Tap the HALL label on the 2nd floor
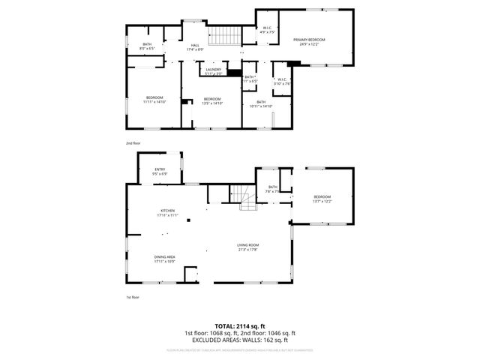click(195, 46)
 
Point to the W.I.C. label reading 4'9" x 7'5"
click(268, 29)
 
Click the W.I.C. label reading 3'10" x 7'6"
click(281, 79)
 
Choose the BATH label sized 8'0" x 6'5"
click(148, 44)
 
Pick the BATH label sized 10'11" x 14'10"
click(261, 102)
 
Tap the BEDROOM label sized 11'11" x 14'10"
click(154, 98)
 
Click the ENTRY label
click(160, 169)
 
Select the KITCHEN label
click(167, 210)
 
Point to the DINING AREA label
click(164, 257)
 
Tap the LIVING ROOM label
click(248, 245)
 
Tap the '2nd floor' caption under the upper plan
click(133, 142)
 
